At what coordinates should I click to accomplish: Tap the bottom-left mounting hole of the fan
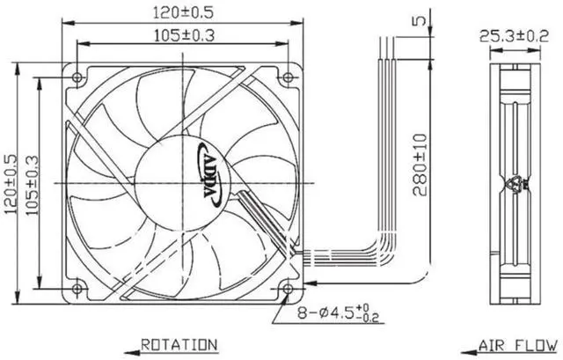coord(77,288)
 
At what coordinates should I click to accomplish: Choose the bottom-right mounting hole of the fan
coord(287,288)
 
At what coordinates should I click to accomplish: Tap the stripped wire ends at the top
coord(384,44)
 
